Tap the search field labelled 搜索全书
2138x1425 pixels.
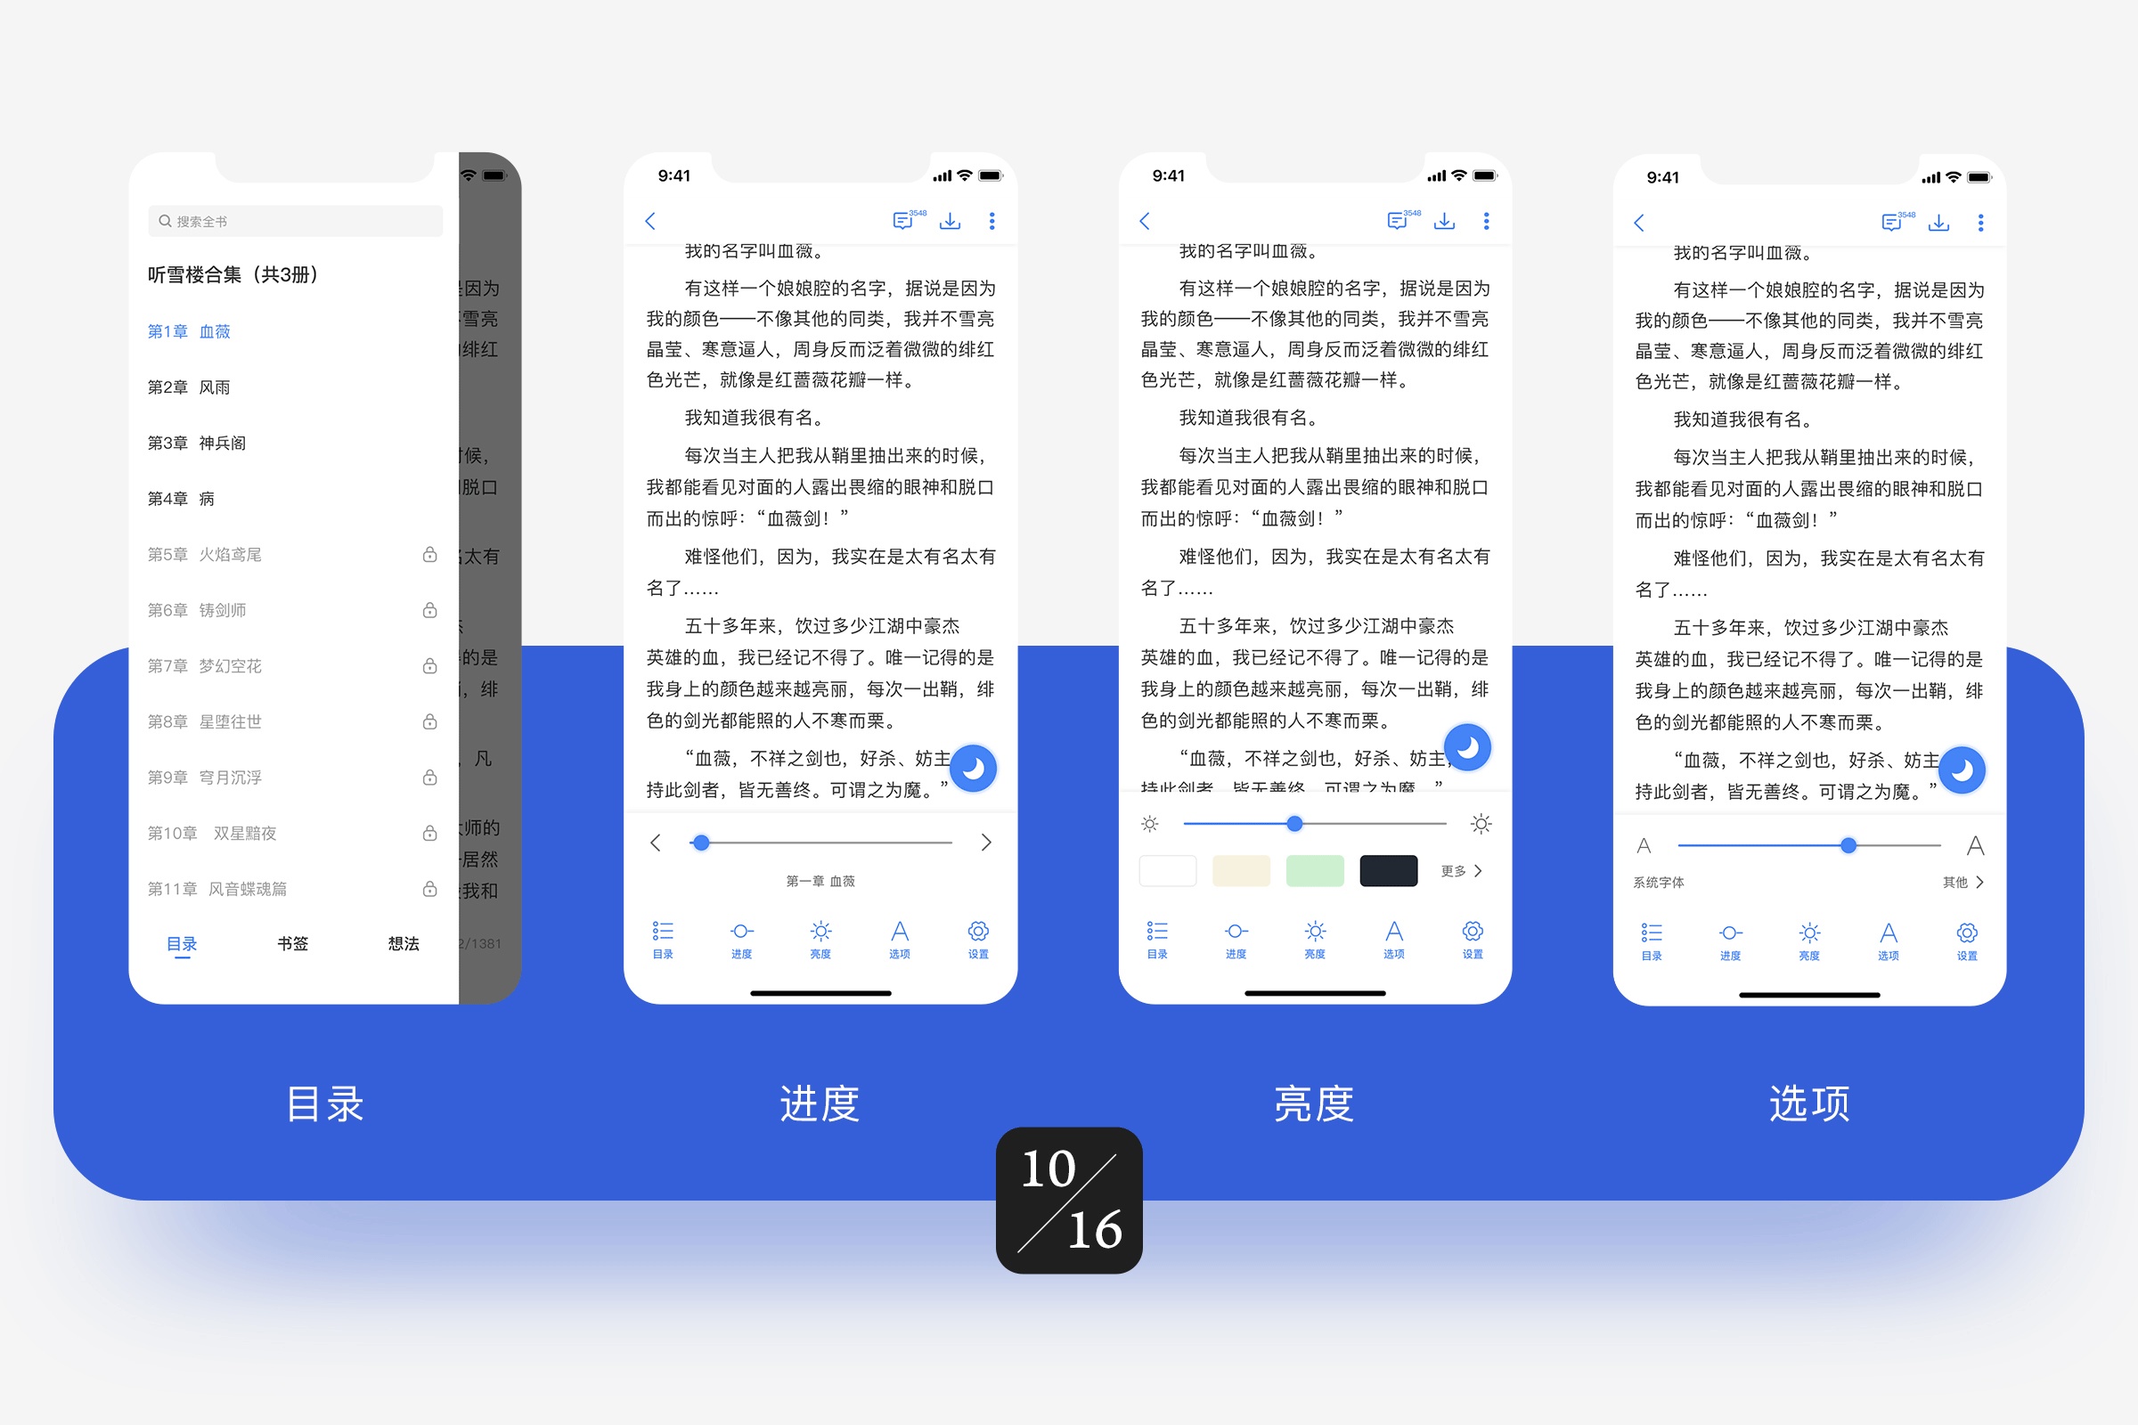pyautogui.click(x=295, y=221)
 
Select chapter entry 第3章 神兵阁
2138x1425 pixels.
pyautogui.click(x=196, y=443)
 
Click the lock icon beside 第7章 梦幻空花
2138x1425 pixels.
pyautogui.click(x=430, y=666)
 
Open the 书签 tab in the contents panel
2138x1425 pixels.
pyautogui.click(x=293, y=943)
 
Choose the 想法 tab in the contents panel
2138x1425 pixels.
pyautogui.click(x=404, y=943)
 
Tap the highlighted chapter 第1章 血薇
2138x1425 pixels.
pyautogui.click(x=189, y=331)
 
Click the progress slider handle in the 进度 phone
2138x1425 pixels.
pyautogui.click(x=700, y=843)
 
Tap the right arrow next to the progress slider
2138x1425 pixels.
pyautogui.click(x=986, y=843)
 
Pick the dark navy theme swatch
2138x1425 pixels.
pyautogui.click(x=1388, y=871)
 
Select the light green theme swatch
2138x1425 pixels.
pyautogui.click(x=1315, y=871)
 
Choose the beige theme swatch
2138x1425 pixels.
pyautogui.click(x=1241, y=871)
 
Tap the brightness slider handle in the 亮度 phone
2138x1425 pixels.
pyautogui.click(x=1294, y=823)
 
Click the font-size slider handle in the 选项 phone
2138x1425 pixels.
pyautogui.click(x=1848, y=845)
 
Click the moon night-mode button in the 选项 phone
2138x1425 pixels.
pyautogui.click(x=1963, y=769)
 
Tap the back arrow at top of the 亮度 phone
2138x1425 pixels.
pyautogui.click(x=1145, y=221)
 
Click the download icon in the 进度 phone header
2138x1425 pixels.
pyautogui.click(x=950, y=221)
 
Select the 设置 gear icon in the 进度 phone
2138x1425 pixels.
pyautogui.click(x=978, y=937)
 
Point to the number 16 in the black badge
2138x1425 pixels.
pyautogui.click(x=1095, y=1230)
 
